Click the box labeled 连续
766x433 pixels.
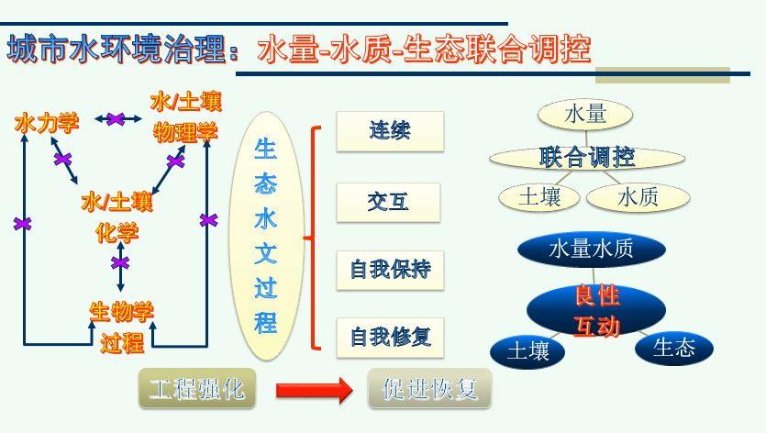pos(390,131)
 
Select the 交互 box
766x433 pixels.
pos(388,203)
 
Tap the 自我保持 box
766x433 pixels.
pos(390,271)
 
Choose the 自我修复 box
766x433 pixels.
pos(390,338)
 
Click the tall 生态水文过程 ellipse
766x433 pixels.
pos(266,236)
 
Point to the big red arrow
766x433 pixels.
pos(314,391)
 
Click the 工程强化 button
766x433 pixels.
pos(197,389)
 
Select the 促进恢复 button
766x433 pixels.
pos(429,389)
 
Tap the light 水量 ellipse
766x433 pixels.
pos(585,115)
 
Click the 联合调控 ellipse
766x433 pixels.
pos(587,158)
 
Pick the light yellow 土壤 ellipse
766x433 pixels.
pos(539,197)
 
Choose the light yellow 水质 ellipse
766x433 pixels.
pos(638,197)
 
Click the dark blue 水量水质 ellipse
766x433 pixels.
pos(591,249)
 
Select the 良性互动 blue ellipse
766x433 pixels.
pos(596,310)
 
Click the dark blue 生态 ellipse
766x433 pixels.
pos(674,349)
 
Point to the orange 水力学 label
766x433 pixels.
pos(47,123)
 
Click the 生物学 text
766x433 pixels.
pos(122,312)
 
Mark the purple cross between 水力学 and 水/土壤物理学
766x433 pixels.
pos(116,118)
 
